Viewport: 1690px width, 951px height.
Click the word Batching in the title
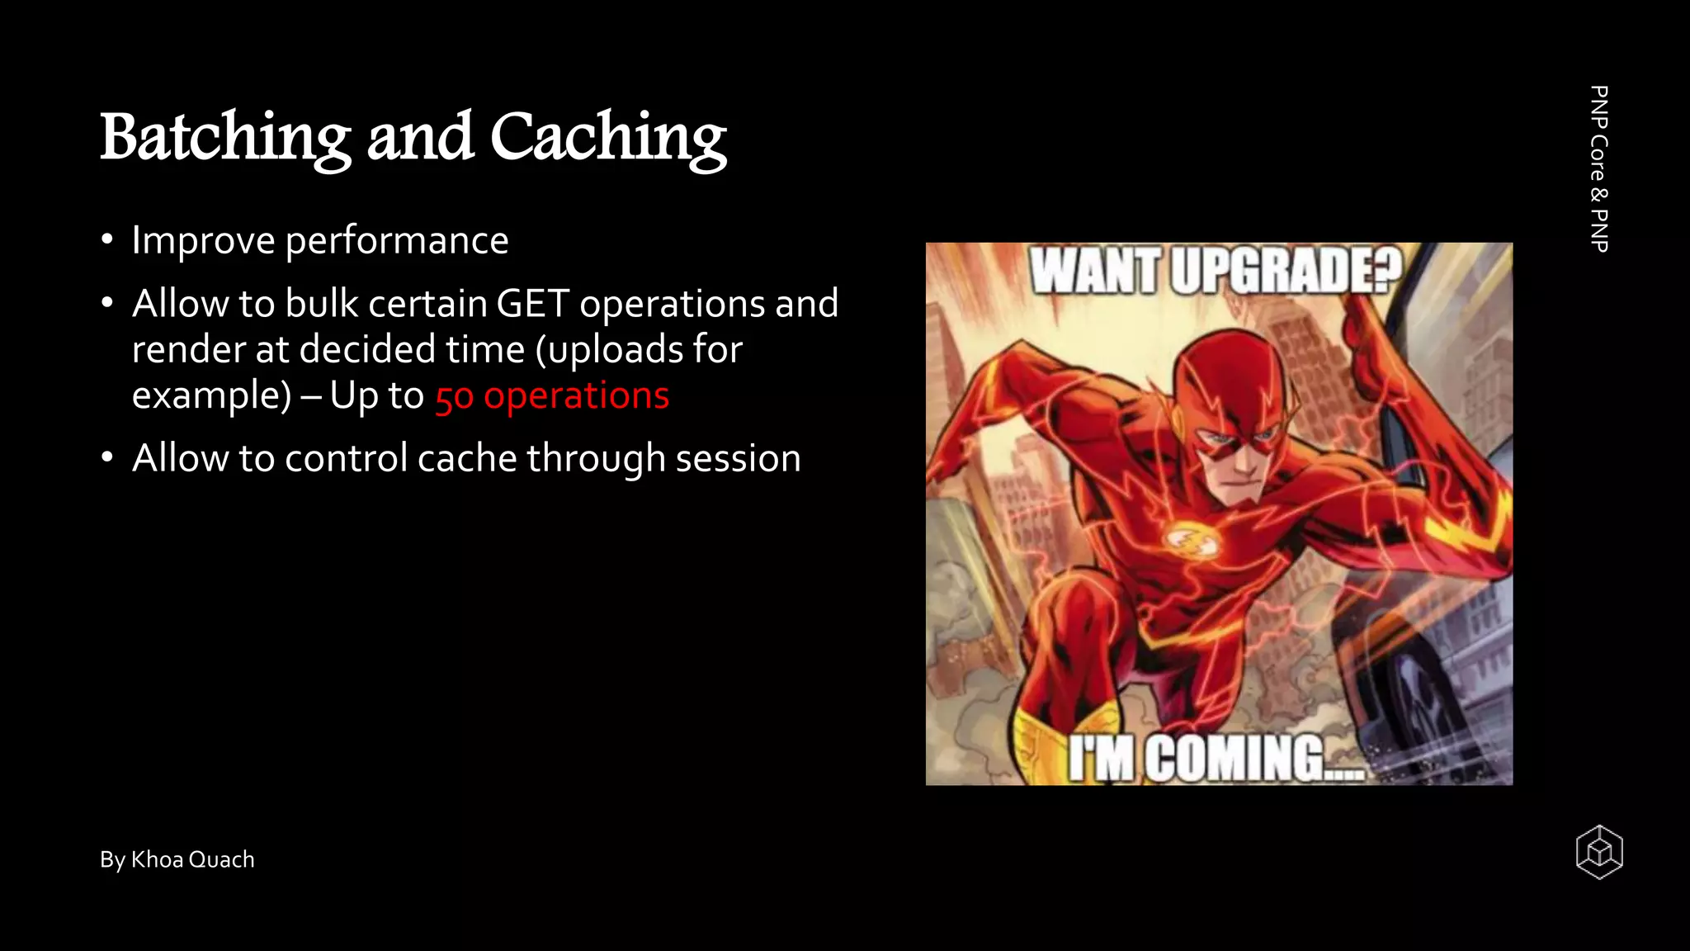tap(224, 137)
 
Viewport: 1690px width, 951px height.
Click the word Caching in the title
tap(608, 137)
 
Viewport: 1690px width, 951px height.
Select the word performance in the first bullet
tap(397, 241)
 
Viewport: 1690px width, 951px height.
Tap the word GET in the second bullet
tap(533, 304)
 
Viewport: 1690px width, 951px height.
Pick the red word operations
tap(576, 395)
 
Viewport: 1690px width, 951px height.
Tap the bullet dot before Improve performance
tap(107, 241)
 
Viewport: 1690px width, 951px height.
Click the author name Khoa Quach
tap(192, 859)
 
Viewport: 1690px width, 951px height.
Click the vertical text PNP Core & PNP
tap(1598, 168)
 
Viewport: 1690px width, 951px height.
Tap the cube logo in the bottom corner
tap(1599, 852)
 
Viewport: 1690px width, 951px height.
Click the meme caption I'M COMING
tap(1213, 758)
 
